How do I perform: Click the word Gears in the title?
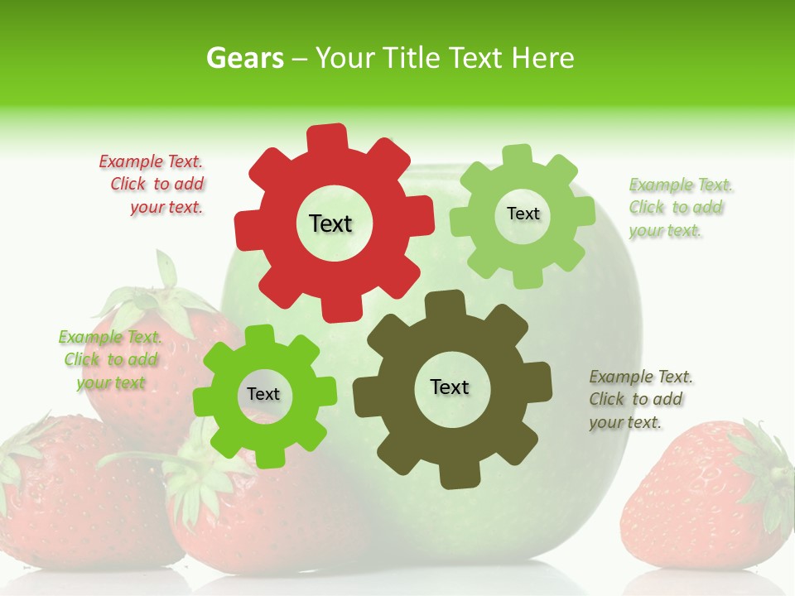tap(245, 58)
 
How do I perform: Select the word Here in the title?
tap(543, 58)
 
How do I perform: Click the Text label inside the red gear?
tap(330, 223)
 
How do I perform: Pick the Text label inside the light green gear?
tap(523, 214)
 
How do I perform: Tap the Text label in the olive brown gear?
tap(450, 387)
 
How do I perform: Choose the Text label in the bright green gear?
tap(263, 395)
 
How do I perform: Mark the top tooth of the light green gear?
tap(518, 156)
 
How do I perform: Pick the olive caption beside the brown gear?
tap(639, 400)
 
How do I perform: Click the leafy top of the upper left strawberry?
tap(157, 294)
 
